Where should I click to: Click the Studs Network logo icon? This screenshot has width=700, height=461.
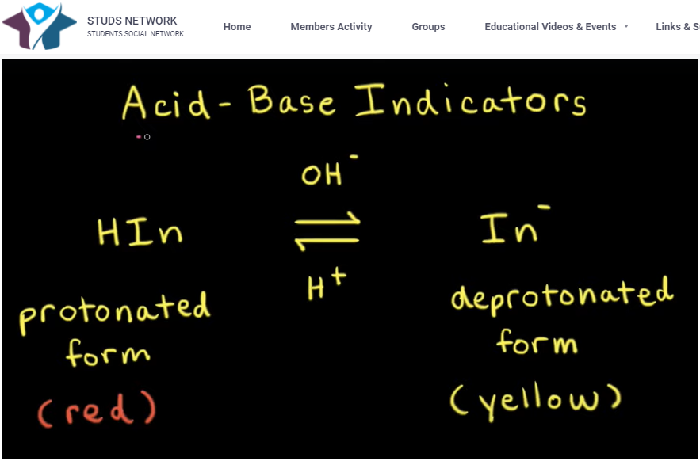[x=40, y=25]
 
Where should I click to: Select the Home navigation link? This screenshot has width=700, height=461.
[x=237, y=27]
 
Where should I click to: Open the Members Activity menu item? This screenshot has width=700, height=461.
[x=331, y=27]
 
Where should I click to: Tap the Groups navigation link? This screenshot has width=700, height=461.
[x=428, y=27]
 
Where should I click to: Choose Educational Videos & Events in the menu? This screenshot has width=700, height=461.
[x=550, y=27]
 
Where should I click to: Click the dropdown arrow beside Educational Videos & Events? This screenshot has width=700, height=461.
[x=626, y=26]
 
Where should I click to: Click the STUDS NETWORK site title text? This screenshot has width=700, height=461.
[x=132, y=21]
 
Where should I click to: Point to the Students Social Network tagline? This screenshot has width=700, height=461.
[x=136, y=34]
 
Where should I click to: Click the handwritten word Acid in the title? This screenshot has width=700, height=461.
[x=166, y=104]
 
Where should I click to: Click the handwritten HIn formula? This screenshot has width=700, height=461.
[x=140, y=231]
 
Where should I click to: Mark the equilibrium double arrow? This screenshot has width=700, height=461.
[x=327, y=232]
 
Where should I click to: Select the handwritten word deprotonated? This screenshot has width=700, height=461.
[x=561, y=297]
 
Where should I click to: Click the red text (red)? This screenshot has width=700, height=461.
[x=97, y=410]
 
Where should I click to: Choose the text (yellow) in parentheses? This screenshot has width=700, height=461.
[x=536, y=400]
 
